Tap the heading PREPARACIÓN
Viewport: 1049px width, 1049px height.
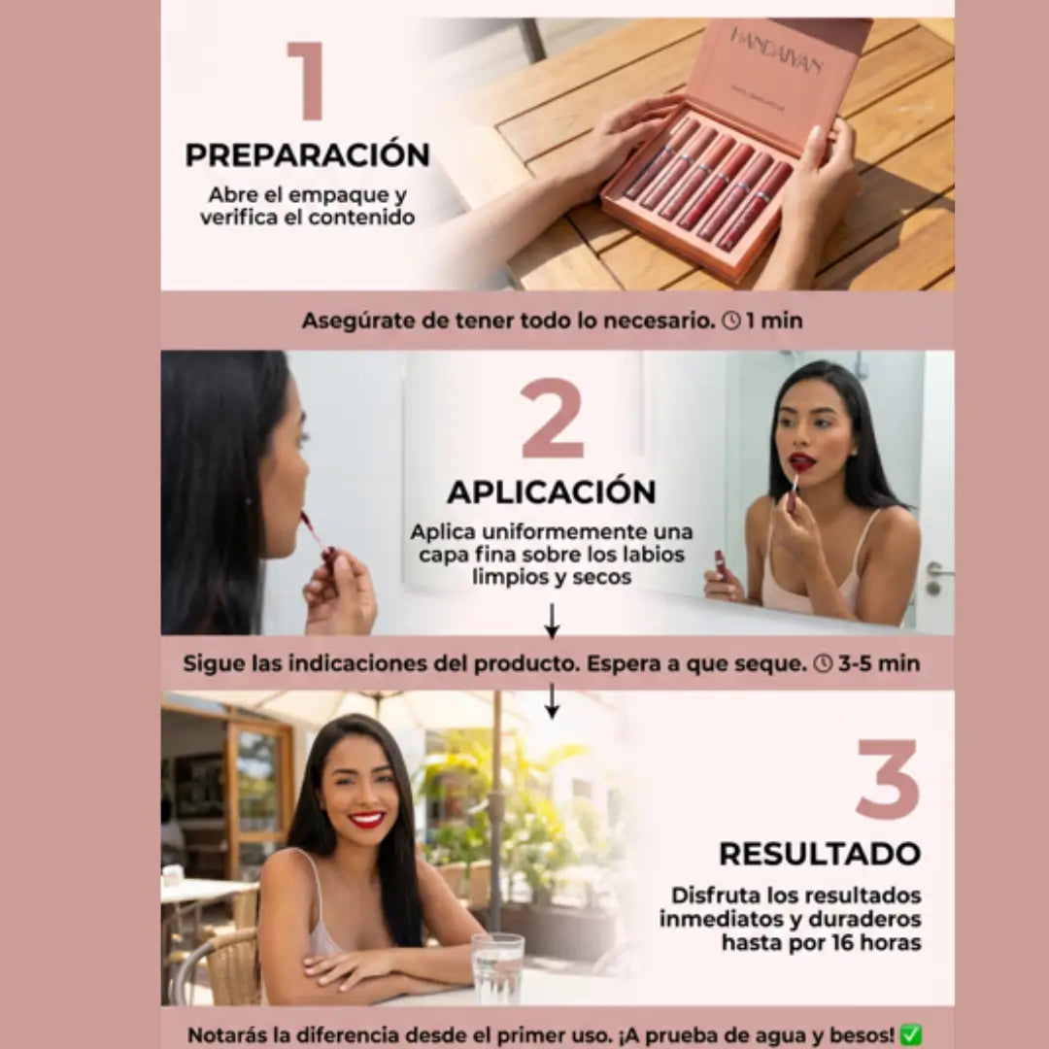click(x=308, y=154)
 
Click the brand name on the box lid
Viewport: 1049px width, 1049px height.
click(x=776, y=51)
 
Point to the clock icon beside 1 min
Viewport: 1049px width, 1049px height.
click(x=732, y=321)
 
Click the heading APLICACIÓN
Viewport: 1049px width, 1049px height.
click(x=552, y=491)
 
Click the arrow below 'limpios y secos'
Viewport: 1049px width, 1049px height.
click(x=552, y=621)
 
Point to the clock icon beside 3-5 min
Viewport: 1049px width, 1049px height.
click(x=823, y=663)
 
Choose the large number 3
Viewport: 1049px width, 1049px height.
click(x=888, y=779)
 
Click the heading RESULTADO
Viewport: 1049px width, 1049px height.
click(x=820, y=854)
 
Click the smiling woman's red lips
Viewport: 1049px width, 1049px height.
click(x=367, y=820)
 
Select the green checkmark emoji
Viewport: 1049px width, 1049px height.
click(x=910, y=1034)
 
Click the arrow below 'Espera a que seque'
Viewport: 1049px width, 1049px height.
click(x=552, y=700)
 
